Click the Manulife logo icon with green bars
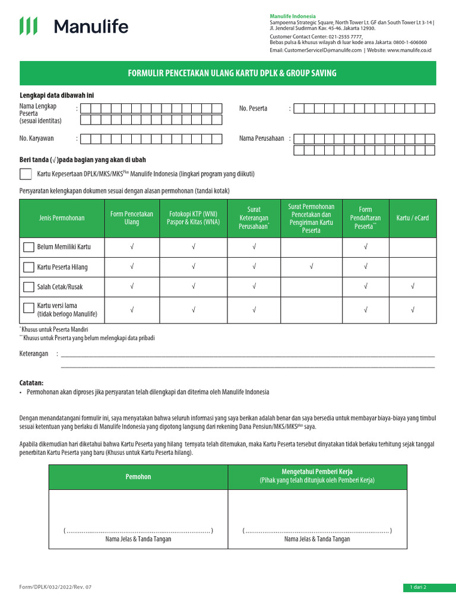coord(28,26)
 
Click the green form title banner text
coord(232,73)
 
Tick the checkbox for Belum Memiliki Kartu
coord(28,247)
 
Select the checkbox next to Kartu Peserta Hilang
coord(28,267)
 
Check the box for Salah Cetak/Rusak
coord(28,287)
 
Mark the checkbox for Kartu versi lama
coord(28,308)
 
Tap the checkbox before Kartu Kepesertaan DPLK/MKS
coord(26,174)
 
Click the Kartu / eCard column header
coord(412,218)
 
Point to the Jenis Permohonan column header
coord(62,218)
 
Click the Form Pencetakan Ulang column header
coord(131,218)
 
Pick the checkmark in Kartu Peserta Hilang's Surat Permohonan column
coord(311,267)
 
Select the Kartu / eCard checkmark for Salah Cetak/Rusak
coord(412,287)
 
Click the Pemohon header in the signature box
coord(138,477)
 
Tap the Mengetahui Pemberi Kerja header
coord(317,476)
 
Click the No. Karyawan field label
coord(37,138)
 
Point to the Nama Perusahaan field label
coord(261,138)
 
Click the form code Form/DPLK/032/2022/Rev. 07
coord(56,587)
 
